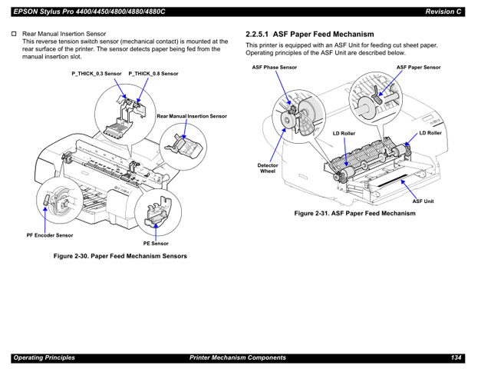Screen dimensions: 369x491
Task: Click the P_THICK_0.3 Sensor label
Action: (x=97, y=74)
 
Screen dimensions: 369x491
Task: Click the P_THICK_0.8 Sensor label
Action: (x=153, y=74)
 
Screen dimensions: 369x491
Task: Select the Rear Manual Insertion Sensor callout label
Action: (x=192, y=116)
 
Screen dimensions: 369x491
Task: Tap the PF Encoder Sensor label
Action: (x=50, y=235)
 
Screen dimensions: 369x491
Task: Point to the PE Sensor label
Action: (x=156, y=244)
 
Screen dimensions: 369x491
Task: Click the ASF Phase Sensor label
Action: (x=275, y=68)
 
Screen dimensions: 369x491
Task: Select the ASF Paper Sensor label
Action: (x=418, y=68)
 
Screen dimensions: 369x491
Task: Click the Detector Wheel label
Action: (x=267, y=168)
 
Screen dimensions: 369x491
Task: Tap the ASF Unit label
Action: (x=423, y=201)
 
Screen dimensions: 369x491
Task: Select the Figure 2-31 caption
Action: (x=355, y=214)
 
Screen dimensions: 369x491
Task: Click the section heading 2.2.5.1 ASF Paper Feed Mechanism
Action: (x=309, y=35)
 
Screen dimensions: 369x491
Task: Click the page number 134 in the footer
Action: (x=456, y=357)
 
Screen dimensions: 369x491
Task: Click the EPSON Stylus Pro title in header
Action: (x=90, y=11)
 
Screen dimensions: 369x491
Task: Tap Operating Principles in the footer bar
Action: (x=44, y=357)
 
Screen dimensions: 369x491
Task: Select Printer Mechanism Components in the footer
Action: (x=238, y=357)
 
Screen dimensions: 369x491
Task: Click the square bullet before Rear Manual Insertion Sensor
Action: (x=13, y=35)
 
